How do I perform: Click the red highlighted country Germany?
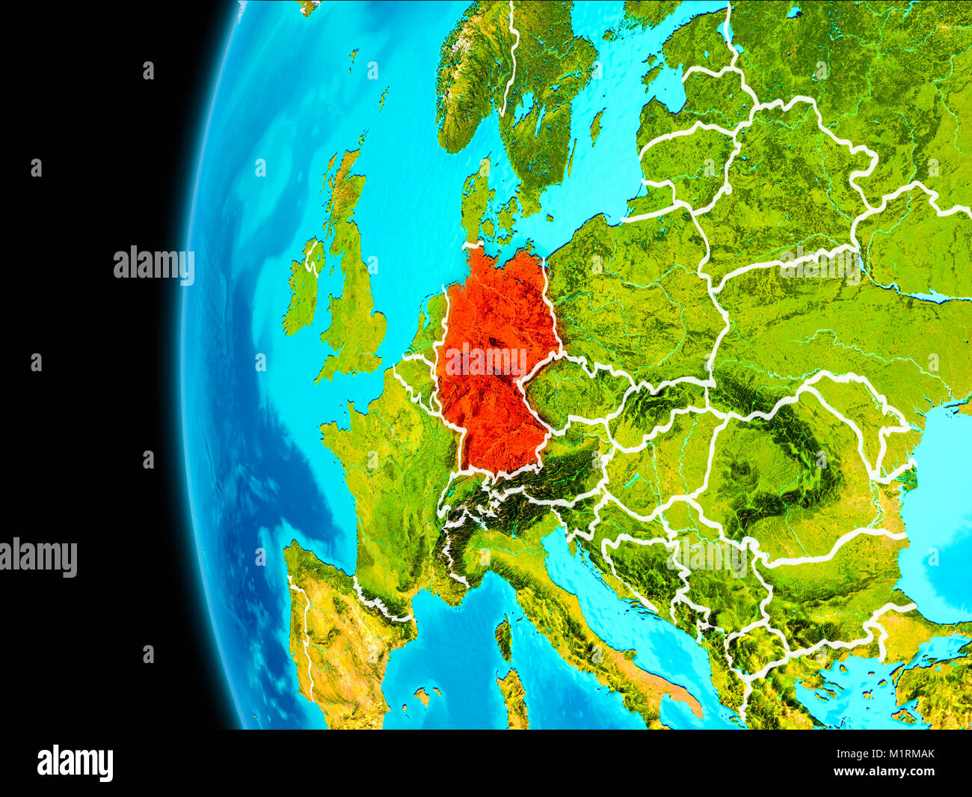(493, 359)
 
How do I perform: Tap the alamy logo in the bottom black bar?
(76, 763)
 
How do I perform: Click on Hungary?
(658, 464)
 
